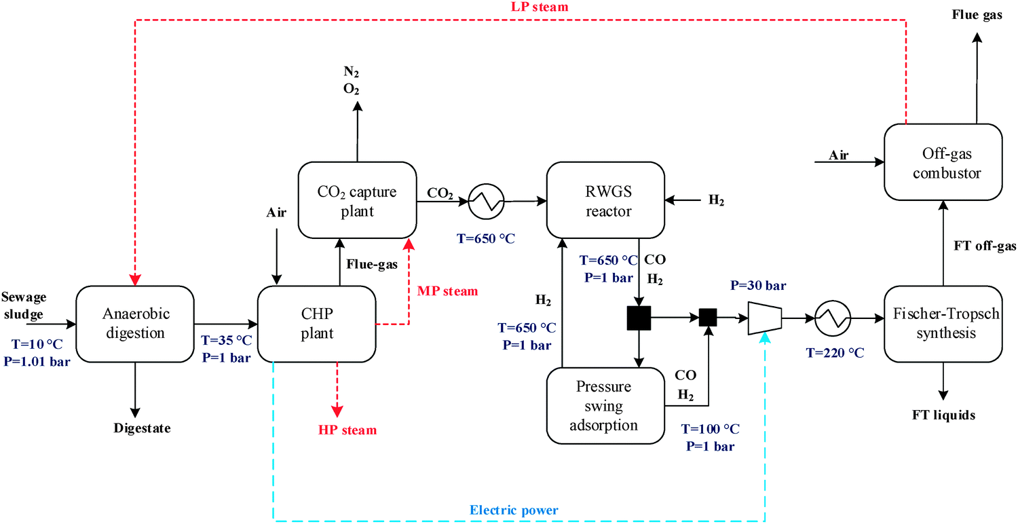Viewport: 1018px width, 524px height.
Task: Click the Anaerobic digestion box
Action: (135, 323)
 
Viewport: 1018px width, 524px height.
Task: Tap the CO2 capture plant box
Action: (357, 202)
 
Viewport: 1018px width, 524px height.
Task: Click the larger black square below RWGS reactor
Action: (639, 317)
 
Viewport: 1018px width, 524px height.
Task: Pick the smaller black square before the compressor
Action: (708, 317)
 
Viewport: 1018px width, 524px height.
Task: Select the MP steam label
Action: (448, 291)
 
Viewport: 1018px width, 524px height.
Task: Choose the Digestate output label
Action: (142, 429)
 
